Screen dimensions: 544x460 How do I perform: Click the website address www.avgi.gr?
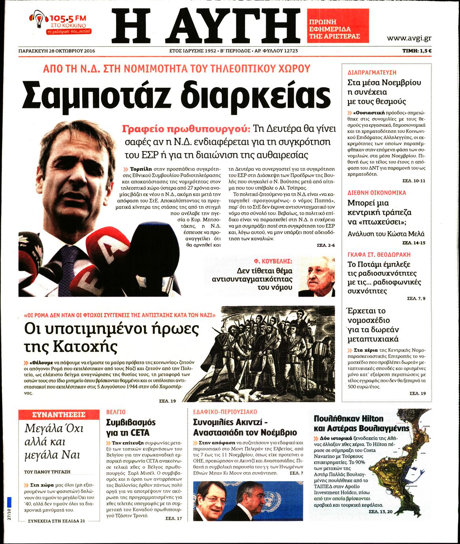[409, 38]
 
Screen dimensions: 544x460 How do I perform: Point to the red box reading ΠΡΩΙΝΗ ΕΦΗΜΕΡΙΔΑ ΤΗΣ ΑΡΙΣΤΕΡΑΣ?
[338, 26]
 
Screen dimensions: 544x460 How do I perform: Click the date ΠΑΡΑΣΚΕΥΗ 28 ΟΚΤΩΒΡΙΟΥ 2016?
[57, 51]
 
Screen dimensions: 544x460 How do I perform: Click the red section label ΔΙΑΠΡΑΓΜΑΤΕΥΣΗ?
[372, 73]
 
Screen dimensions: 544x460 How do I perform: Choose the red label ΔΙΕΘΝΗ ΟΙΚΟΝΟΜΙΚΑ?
[377, 193]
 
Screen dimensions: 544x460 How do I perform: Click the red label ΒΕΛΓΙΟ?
[116, 412]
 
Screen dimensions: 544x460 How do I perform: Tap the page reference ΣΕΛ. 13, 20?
[381, 512]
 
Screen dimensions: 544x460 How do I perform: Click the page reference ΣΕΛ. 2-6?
[326, 245]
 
